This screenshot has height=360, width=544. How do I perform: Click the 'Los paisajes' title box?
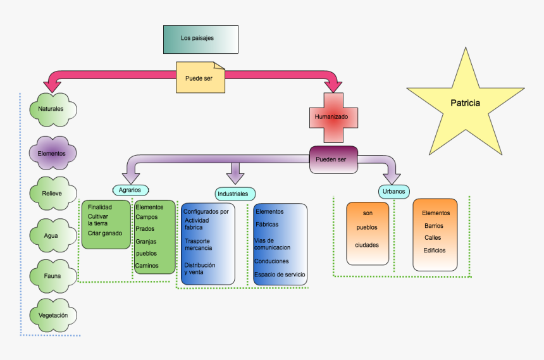coord(201,39)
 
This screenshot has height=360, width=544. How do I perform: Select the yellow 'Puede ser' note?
coord(199,78)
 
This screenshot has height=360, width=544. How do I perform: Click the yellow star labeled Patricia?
coord(465,103)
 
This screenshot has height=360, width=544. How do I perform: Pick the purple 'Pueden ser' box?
coord(333,159)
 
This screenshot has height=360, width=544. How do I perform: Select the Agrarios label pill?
coord(130,190)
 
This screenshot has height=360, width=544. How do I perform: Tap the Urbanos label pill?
coord(395,191)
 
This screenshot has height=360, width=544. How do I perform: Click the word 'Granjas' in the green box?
coord(146,241)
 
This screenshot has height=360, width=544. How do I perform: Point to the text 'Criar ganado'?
coord(105,233)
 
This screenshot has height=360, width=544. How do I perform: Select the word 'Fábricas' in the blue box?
coord(267,225)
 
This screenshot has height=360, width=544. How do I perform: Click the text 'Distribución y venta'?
coord(199,268)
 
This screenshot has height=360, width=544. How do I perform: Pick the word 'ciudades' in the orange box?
coord(368,245)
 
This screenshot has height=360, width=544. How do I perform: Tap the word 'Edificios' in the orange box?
coord(435,250)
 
